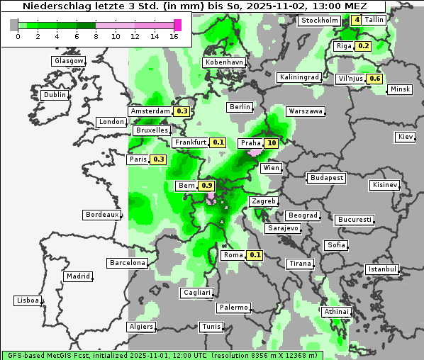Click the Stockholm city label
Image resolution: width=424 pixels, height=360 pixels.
coord(319,21)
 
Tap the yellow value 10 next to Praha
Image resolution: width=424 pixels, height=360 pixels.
coord(272,143)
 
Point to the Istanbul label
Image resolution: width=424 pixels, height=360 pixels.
coord(382,269)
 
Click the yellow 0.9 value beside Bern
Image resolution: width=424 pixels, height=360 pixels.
coord(207,186)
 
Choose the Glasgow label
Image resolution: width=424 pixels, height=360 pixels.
coord(69,61)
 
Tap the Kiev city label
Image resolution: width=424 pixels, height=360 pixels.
coord(405,137)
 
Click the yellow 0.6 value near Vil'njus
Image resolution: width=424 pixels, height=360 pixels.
coord(375,79)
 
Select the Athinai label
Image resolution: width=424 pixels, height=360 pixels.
coord(336,312)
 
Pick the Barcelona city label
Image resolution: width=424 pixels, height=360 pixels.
coord(128,263)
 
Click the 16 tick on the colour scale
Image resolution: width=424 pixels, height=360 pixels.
coord(174,36)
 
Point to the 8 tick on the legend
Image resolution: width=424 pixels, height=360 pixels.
coord(96,36)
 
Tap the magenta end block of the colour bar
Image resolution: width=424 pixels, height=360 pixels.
coord(178,26)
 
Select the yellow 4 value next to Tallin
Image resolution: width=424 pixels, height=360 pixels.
coord(356,20)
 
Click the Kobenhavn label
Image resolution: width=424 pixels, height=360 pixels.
coord(224,62)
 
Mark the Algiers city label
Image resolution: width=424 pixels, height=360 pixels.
coord(140,327)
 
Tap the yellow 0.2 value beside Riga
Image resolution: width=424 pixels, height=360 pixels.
coord(364,46)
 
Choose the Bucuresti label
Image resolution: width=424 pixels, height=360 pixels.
coord(355,220)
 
